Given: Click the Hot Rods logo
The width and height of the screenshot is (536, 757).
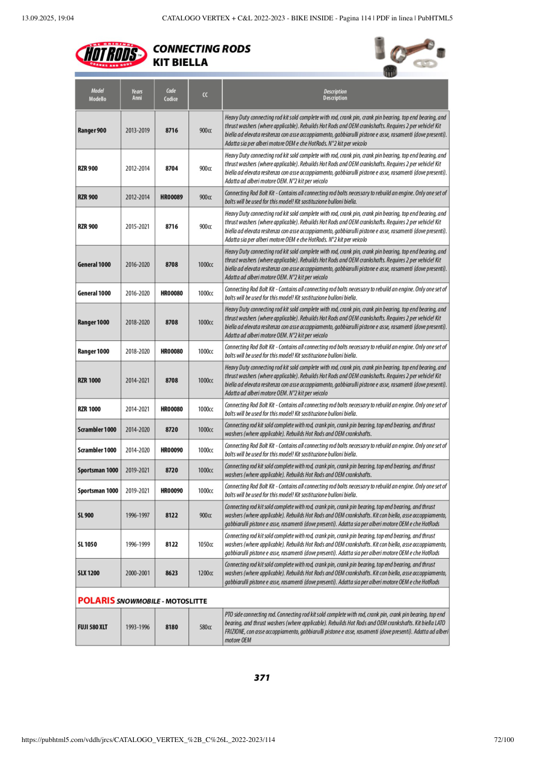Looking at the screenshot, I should (x=111, y=55).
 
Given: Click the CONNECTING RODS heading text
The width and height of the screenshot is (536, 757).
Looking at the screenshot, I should (x=202, y=49).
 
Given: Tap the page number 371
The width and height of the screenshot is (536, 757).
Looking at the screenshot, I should (x=262, y=677).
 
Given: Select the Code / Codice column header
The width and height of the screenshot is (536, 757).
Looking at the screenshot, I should (x=171, y=95).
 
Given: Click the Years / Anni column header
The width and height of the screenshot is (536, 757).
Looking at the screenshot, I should (x=137, y=95).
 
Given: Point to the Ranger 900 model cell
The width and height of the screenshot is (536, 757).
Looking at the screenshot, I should (x=92, y=130).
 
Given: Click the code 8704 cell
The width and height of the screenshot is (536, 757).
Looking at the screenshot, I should (x=172, y=168).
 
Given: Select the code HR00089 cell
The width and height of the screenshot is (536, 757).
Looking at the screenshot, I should (x=172, y=197).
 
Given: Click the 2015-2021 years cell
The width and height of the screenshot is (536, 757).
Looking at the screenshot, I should (x=137, y=227).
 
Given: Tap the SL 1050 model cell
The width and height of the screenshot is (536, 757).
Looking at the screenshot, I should (x=88, y=544).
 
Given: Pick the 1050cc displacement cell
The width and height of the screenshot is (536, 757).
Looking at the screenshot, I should (x=205, y=544).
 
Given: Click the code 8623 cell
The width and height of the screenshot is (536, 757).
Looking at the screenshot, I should (x=172, y=573).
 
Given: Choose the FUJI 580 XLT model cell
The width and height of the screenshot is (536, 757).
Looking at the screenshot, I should (x=92, y=627).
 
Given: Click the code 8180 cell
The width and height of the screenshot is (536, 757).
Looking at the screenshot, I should (x=172, y=627).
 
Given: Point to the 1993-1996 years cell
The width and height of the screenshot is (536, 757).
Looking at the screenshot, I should (x=137, y=627).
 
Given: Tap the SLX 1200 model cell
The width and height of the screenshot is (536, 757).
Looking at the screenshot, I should (x=89, y=573).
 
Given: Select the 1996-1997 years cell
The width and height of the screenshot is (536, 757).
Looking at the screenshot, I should (x=137, y=515).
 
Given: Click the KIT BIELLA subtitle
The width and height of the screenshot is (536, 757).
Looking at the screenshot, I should (x=181, y=62).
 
